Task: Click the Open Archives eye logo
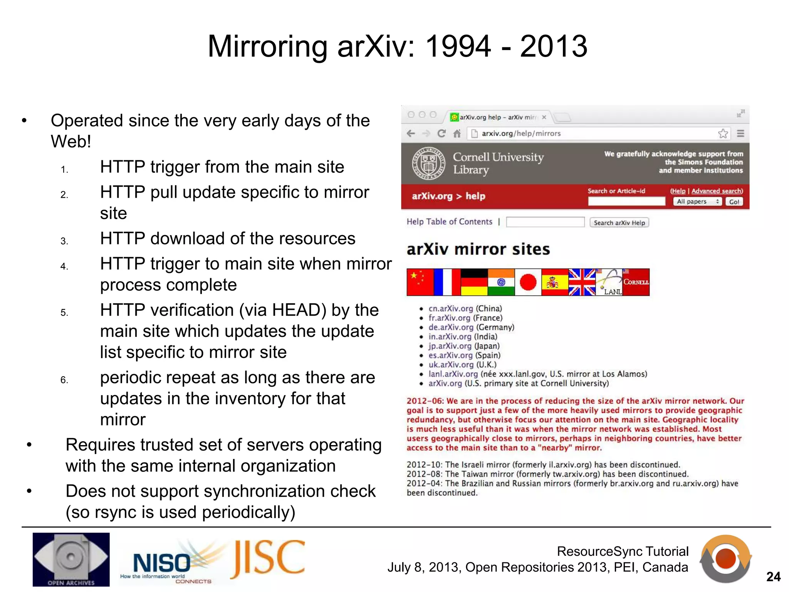click(71, 559)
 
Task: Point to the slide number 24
click(773, 577)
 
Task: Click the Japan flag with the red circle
click(528, 282)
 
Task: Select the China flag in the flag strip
click(420, 282)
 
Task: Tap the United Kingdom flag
click(582, 282)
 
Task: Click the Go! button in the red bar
click(734, 202)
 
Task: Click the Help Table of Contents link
click(449, 222)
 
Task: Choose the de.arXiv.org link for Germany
click(451, 327)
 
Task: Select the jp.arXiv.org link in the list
click(450, 346)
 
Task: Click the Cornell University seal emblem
click(428, 163)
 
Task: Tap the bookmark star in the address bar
click(723, 133)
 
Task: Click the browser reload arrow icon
click(442, 133)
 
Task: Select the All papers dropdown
click(697, 202)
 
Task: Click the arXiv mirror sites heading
click(478, 249)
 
